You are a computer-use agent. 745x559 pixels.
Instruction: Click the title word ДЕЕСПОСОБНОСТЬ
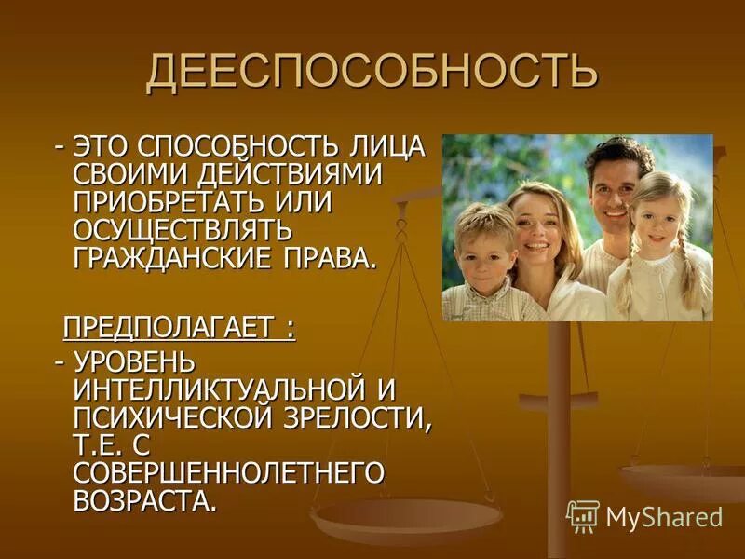coord(371,73)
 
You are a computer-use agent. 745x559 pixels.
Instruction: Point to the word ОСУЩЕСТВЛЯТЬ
coord(182,228)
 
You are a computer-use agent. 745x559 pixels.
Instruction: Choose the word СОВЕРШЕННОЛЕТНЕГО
coord(228,470)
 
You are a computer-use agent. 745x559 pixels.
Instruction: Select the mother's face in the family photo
coord(541,228)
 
